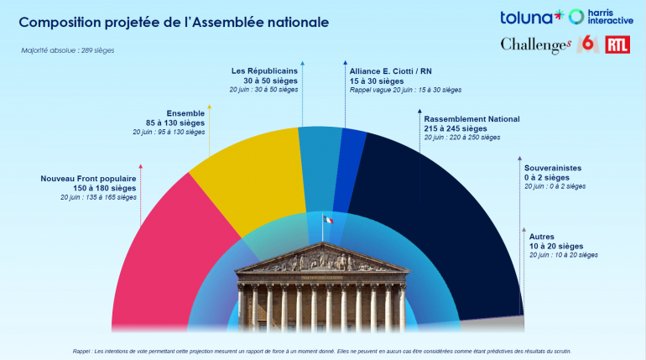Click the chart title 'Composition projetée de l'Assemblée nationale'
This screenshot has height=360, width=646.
(x=168, y=21)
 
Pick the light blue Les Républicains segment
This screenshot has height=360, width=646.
(x=320, y=164)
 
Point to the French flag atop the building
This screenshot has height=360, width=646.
(x=328, y=220)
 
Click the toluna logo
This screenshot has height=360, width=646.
(x=530, y=17)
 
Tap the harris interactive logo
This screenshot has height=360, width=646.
(x=600, y=17)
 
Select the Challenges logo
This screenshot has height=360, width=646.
(x=536, y=45)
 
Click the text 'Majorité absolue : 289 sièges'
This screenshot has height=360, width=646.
(x=68, y=50)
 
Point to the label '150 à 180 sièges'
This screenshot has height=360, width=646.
(x=105, y=188)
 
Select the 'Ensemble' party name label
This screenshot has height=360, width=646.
(x=185, y=113)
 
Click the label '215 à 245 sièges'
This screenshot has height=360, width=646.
(x=458, y=128)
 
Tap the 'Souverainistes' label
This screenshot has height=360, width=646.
(x=552, y=168)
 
